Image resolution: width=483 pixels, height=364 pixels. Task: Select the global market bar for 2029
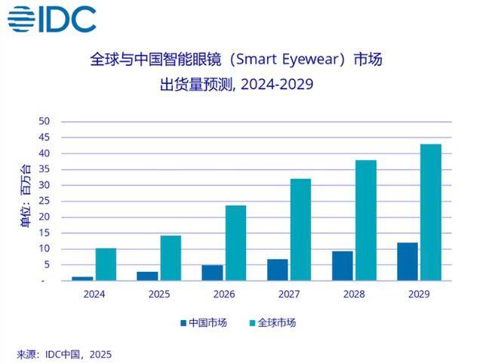click(430, 212)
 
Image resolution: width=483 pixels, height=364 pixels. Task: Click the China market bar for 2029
click(407, 261)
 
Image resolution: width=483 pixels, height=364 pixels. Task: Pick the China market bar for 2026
click(213, 273)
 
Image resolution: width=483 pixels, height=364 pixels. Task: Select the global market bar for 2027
click(300, 230)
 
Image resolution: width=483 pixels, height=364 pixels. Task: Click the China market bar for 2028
click(342, 266)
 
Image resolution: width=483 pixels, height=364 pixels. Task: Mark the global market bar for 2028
click(365, 221)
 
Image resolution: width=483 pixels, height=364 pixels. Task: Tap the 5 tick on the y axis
click(46, 264)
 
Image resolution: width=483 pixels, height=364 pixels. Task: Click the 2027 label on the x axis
click(288, 295)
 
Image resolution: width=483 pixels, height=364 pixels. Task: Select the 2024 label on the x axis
click(94, 295)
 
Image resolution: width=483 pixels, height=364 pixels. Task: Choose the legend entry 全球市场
click(275, 323)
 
